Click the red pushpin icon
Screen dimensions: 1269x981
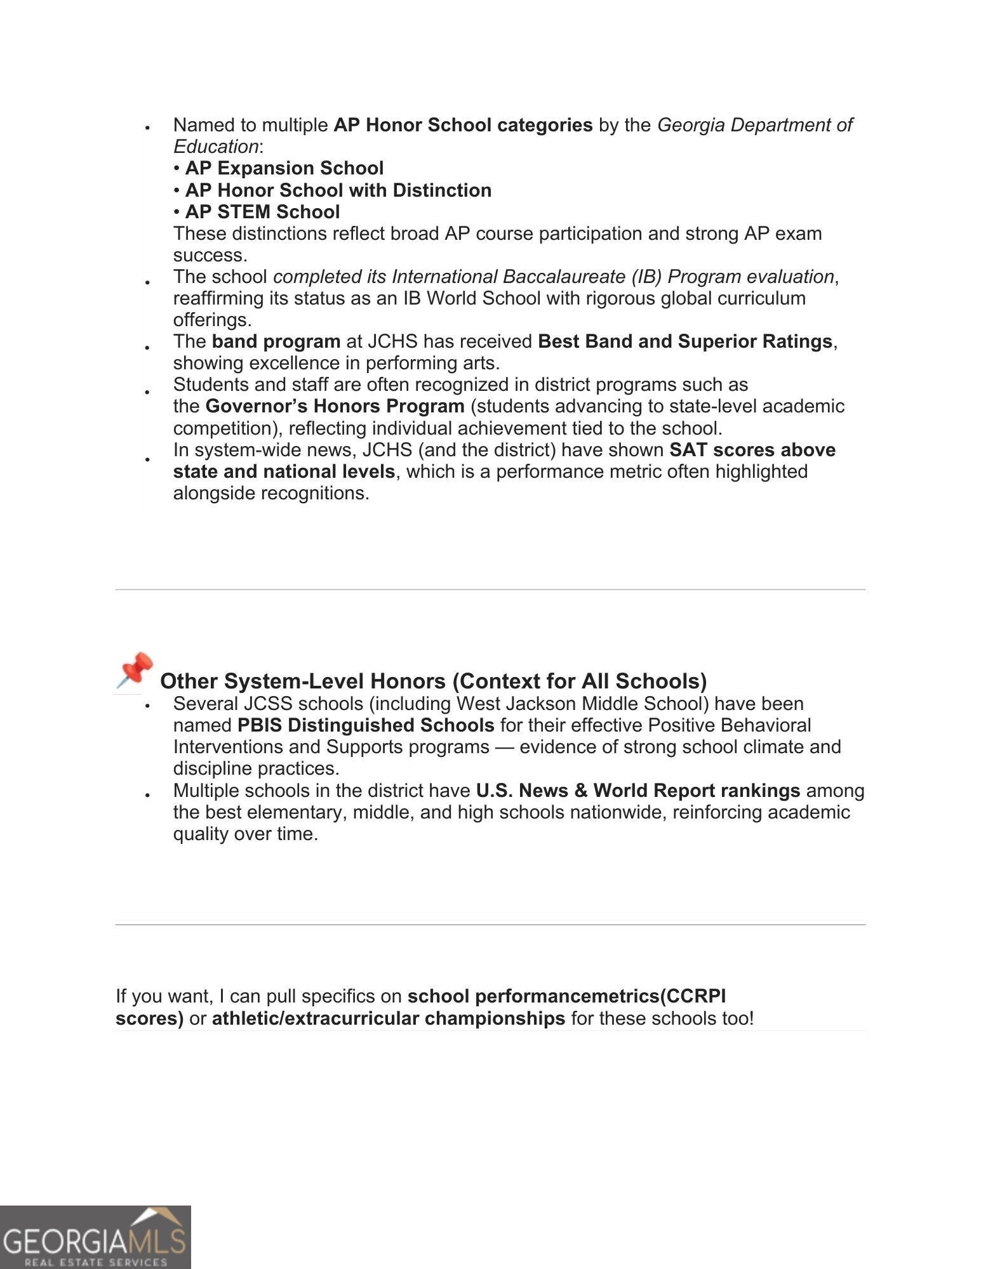[x=135, y=670]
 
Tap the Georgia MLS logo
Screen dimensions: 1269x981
[x=95, y=1237]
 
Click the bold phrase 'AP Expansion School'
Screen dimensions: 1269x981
[x=284, y=168]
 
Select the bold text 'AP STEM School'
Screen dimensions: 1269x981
[x=262, y=212]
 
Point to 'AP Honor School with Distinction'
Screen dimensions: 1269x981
[x=338, y=190]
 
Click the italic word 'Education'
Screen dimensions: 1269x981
[x=216, y=147]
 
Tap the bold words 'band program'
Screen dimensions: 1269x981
[x=276, y=341]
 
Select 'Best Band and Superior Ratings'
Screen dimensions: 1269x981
[x=684, y=341]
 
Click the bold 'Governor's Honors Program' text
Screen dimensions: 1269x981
[x=335, y=406]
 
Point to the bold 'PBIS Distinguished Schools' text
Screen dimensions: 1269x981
[x=366, y=725]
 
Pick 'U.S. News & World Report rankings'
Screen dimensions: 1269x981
[x=637, y=791]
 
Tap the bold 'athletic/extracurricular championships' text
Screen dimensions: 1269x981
[x=388, y=1018]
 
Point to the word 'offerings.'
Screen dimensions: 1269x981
[x=212, y=320]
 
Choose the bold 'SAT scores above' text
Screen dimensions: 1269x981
[x=752, y=450]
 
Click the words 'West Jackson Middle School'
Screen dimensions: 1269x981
[x=566, y=704]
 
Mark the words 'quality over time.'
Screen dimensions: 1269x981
[x=245, y=834]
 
